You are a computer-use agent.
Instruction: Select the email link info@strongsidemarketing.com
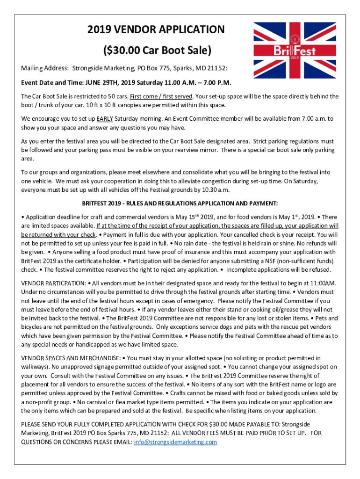point(175,442)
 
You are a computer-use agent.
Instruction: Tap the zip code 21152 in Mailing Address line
point(216,68)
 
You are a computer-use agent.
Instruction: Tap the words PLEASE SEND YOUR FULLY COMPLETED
point(75,424)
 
